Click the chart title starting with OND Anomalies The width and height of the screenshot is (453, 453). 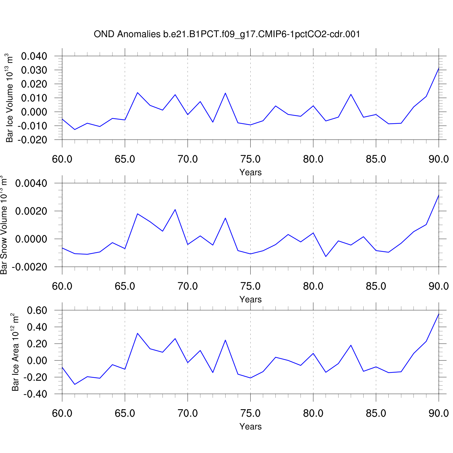coord(227,34)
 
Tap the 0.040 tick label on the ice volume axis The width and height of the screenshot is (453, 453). coord(34,56)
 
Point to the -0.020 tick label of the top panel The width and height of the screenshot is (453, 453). coord(33,140)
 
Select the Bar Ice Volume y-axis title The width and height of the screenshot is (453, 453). coord(10,98)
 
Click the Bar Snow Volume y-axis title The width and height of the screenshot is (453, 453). coord(4,225)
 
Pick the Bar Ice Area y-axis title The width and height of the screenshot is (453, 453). coord(15,352)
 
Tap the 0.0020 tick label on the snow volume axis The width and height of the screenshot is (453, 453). coord(31,211)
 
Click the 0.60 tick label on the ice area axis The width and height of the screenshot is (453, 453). coord(37,310)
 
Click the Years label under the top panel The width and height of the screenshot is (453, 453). coord(250,172)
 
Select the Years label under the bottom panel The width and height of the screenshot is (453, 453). coord(250,427)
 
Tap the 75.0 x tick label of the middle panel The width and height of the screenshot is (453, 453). coord(250,286)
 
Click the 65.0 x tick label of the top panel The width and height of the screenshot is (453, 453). coord(125,159)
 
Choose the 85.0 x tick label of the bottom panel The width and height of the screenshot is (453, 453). coord(376,413)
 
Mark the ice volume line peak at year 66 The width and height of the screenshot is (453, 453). coord(137,92)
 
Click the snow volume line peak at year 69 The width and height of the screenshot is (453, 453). coord(175,210)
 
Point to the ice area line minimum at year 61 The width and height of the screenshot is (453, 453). coord(75,384)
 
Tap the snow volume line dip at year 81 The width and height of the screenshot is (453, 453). coord(326,257)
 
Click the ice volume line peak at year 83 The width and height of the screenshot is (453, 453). coord(351,94)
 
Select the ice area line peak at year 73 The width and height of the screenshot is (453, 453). coord(225,340)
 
